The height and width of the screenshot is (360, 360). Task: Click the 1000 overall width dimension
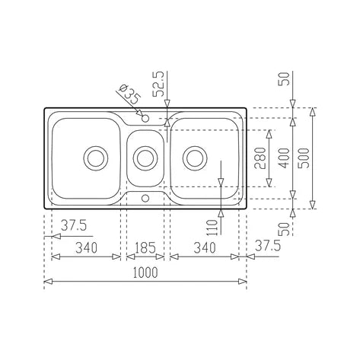point(145,272)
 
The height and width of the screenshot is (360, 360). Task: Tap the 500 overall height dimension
point(304,158)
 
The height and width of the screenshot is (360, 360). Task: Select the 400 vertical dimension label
point(284,158)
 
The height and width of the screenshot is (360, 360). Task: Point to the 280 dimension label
point(260,158)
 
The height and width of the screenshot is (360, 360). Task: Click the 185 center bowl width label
point(145,247)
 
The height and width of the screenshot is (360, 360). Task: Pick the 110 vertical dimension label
point(212,228)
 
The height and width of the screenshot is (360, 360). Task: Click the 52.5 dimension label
point(159,84)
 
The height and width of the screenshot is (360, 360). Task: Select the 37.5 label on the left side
point(74,225)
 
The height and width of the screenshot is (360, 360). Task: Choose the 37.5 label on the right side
point(268,246)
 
